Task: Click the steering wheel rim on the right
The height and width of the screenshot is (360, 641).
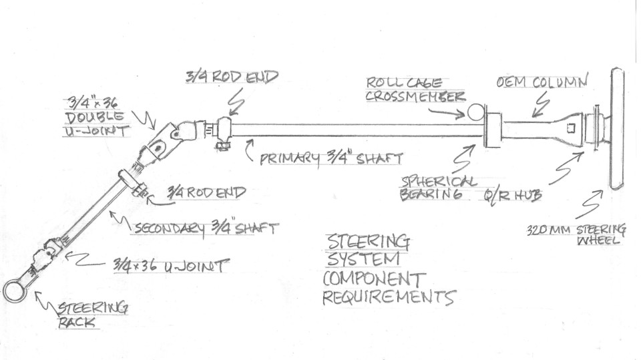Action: pos(617,129)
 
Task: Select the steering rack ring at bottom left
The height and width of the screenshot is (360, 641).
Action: pos(5,292)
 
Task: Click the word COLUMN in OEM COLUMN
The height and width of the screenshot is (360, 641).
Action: pos(560,81)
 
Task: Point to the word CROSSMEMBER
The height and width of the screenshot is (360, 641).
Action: pos(415,97)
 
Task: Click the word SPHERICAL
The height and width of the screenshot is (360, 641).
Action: pos(438,182)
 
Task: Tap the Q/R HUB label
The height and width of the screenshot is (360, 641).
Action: pos(513,195)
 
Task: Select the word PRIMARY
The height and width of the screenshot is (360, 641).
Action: pos(290,158)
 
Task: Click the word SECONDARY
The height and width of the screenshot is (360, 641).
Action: pos(169,228)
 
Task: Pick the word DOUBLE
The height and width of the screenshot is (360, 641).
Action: pos(94,118)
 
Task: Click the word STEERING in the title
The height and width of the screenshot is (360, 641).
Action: pos(367,242)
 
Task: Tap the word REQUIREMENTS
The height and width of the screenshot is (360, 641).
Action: pos(389,297)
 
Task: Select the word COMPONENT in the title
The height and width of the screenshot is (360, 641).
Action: pos(374,279)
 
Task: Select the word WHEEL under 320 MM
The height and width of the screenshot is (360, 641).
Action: pos(598,240)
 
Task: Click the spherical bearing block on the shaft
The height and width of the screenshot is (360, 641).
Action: pos(493,130)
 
